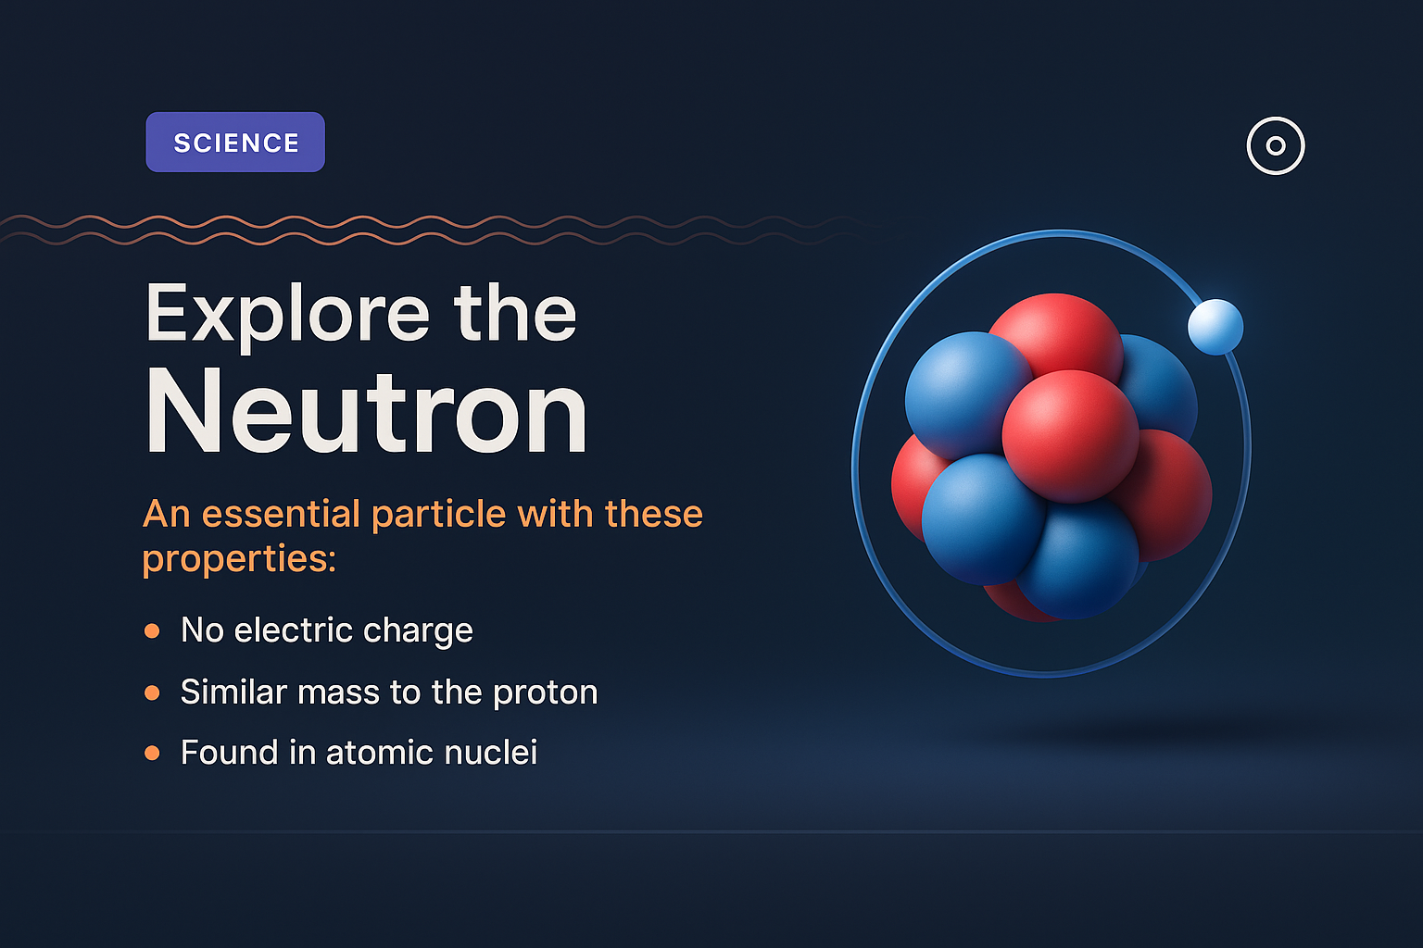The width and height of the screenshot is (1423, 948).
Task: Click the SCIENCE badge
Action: pyautogui.click(x=235, y=143)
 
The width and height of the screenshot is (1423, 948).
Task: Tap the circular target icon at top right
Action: pyautogui.click(x=1276, y=145)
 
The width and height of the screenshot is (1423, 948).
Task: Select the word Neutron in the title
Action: pyautogui.click(x=367, y=412)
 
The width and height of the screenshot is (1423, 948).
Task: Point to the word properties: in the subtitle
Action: pyautogui.click(x=239, y=559)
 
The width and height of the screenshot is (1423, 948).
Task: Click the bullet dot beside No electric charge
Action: pyautogui.click(x=152, y=631)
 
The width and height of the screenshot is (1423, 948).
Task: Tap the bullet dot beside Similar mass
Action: pyautogui.click(x=152, y=692)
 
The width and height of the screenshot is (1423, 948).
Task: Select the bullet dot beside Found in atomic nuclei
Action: pyautogui.click(x=152, y=754)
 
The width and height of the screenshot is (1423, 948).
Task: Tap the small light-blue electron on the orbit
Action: pyautogui.click(x=1215, y=327)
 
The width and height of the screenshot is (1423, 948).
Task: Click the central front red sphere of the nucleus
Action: pyautogui.click(x=1070, y=435)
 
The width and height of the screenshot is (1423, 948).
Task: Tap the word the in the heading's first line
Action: pyautogui.click(x=515, y=315)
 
